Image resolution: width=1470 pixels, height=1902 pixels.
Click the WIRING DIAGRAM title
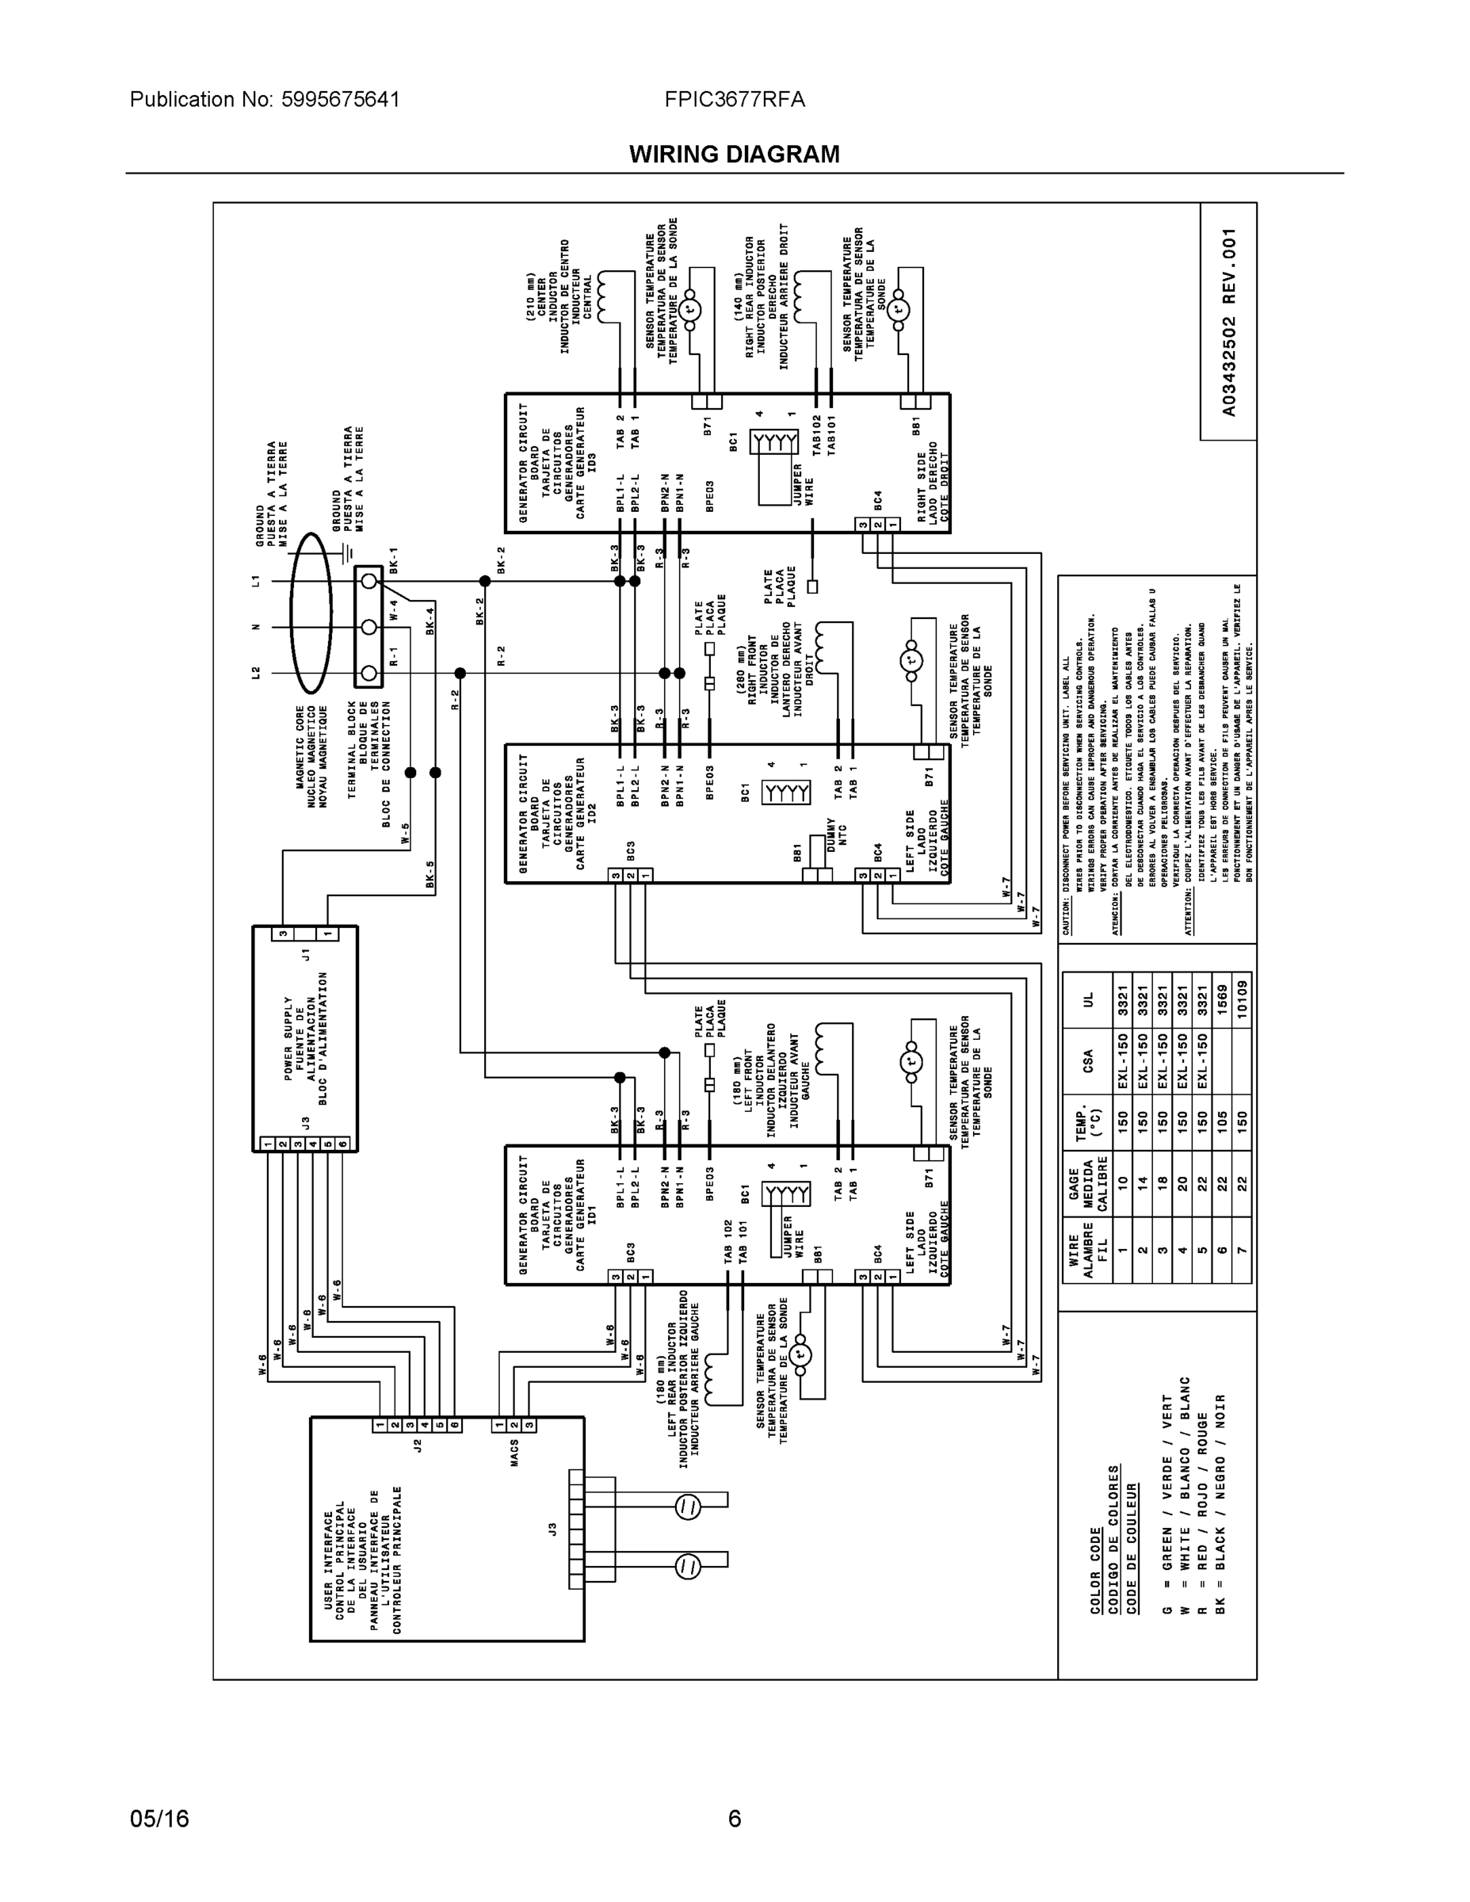click(734, 155)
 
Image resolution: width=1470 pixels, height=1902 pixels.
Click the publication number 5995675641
click(340, 99)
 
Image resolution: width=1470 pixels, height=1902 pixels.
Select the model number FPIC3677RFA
click(734, 99)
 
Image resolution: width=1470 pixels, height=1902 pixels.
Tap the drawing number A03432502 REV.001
click(1228, 323)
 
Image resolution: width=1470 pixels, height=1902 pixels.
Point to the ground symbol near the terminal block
click(347, 551)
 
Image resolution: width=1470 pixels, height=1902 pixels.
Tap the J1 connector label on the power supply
click(305, 953)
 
